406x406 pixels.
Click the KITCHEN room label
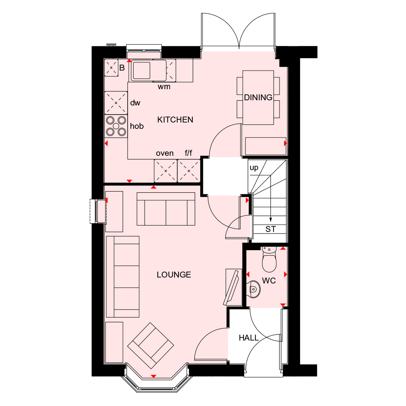pyautogui.click(x=175, y=120)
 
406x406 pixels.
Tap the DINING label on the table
pyautogui.click(x=258, y=98)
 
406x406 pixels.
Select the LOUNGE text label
pyautogui.click(x=174, y=275)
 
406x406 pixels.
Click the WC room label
pyautogui.click(x=269, y=281)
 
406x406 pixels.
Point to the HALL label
pyautogui.click(x=249, y=338)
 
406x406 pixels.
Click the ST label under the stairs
pyautogui.click(x=270, y=229)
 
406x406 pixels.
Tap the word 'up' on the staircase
pyautogui.click(x=254, y=168)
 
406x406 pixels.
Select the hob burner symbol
pyautogui.click(x=116, y=126)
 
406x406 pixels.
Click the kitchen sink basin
pyautogui.click(x=142, y=70)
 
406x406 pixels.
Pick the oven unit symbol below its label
pyautogui.click(x=165, y=171)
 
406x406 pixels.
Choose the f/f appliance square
pyautogui.click(x=189, y=171)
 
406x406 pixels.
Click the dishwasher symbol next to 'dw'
pyautogui.click(x=116, y=103)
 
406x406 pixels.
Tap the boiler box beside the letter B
pyautogui.click(x=111, y=68)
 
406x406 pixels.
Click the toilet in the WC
pyautogui.click(x=268, y=260)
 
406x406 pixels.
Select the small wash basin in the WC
pyautogui.click(x=253, y=289)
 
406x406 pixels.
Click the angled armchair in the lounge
pyautogui.click(x=151, y=345)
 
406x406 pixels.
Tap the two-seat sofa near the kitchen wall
pyautogui.click(x=166, y=209)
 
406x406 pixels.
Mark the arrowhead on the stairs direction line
pyautogui.click(x=270, y=220)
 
